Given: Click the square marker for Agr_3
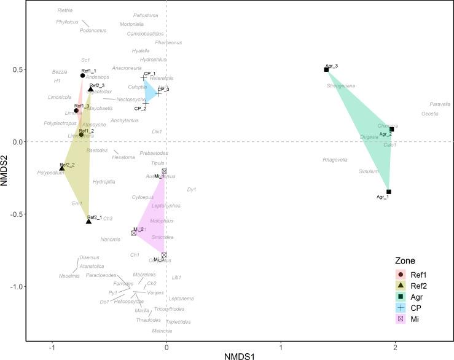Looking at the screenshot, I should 327,69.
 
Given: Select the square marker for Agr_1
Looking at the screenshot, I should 389,192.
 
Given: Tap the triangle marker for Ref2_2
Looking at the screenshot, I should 62,168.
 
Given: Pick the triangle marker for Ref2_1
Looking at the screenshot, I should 89,221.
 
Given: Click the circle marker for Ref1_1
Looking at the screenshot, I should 83,75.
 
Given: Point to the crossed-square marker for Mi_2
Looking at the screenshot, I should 134,233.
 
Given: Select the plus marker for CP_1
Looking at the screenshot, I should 144,78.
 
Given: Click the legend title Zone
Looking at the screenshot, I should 405,260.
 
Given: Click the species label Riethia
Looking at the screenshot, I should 65,10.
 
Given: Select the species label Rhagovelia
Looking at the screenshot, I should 335,160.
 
